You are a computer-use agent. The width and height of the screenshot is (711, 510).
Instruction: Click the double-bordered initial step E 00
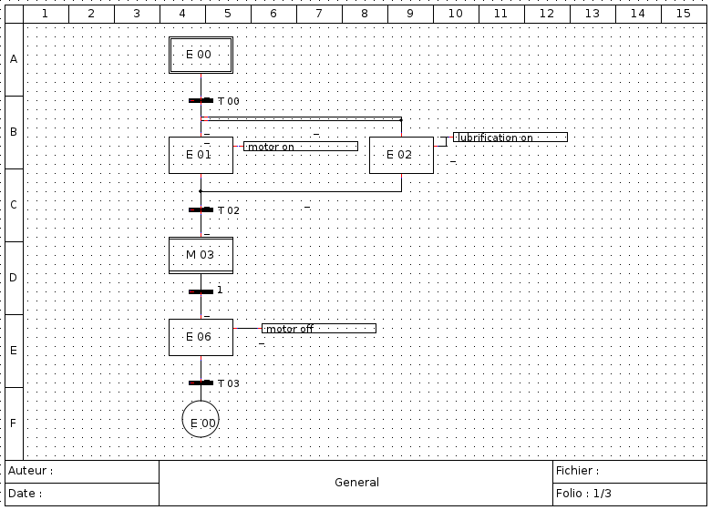click(x=201, y=55)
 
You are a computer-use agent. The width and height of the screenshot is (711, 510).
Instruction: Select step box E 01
click(x=201, y=155)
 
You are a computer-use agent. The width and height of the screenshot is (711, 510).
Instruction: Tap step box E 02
click(x=401, y=155)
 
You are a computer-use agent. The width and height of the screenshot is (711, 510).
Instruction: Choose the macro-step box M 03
click(x=201, y=255)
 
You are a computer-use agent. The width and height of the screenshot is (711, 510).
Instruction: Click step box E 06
click(x=201, y=337)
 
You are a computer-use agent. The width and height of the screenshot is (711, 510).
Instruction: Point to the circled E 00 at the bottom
click(x=201, y=419)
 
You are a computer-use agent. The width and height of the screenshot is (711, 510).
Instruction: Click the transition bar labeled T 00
click(x=201, y=100)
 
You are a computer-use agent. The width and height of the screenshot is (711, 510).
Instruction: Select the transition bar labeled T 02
click(x=201, y=209)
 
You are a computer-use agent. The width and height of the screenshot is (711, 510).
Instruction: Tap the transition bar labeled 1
click(x=201, y=291)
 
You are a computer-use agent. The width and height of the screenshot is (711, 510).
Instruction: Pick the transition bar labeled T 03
click(x=201, y=382)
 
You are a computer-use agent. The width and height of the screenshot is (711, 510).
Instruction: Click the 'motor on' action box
click(x=301, y=147)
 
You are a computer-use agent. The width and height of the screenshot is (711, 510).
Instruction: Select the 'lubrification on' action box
click(x=510, y=137)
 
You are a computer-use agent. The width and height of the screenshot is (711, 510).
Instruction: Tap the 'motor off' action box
click(x=319, y=329)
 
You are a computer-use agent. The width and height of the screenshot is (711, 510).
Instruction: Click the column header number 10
click(x=455, y=14)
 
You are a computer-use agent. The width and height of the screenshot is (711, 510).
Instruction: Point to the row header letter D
click(x=14, y=278)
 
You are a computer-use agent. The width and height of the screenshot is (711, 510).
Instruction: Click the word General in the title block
click(x=356, y=483)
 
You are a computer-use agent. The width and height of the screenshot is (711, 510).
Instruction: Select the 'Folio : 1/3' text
click(x=583, y=494)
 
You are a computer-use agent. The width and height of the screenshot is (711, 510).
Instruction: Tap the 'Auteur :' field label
click(x=30, y=471)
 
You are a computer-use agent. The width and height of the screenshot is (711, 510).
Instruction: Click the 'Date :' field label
click(x=25, y=494)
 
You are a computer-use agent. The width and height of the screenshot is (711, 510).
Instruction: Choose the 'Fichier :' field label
click(x=577, y=471)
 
